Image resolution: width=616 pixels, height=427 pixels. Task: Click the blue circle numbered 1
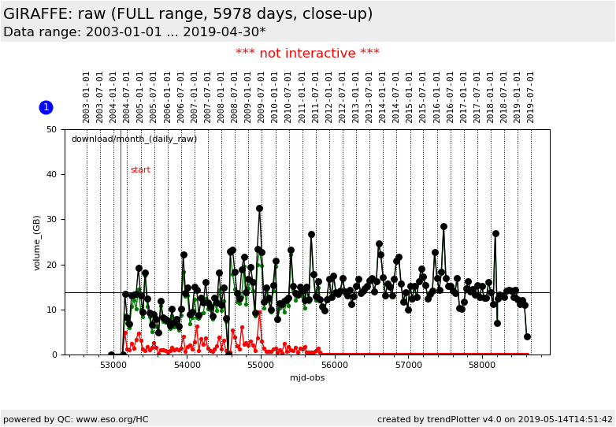click(x=46, y=107)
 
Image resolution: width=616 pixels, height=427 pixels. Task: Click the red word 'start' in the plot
click(x=140, y=170)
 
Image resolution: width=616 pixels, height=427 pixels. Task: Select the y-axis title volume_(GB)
click(x=37, y=243)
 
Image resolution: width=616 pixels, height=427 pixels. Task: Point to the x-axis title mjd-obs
click(x=307, y=377)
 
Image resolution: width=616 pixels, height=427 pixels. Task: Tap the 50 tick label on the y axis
click(x=51, y=129)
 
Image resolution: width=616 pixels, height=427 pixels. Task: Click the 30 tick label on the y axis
click(x=51, y=220)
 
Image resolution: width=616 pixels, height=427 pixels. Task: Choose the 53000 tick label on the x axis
click(x=113, y=366)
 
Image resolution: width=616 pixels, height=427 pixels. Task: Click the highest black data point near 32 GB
click(x=259, y=209)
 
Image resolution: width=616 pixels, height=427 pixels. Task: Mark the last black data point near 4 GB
click(x=527, y=336)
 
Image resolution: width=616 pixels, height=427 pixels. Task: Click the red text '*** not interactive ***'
click(x=307, y=54)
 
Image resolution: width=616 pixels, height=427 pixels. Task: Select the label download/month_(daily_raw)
click(x=134, y=139)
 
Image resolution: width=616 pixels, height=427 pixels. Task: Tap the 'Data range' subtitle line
click(x=134, y=32)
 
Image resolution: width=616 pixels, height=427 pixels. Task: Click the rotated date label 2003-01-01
click(x=87, y=96)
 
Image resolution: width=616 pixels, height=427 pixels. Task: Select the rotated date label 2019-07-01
click(x=531, y=96)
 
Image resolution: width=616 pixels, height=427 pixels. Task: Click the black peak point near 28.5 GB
click(x=443, y=226)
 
